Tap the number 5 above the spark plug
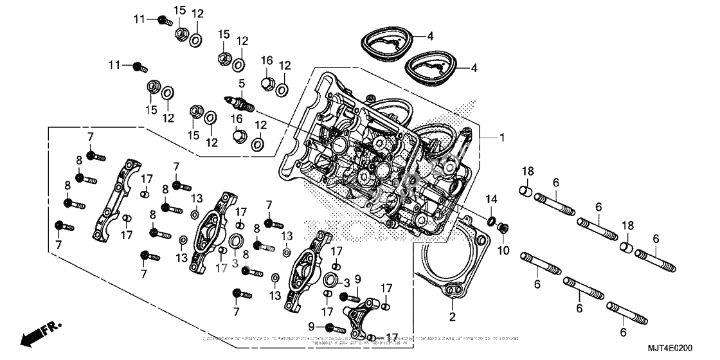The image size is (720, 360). [241, 84]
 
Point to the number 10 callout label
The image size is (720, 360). [503, 249]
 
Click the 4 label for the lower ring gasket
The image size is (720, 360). [474, 67]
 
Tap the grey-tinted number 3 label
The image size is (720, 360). [235, 264]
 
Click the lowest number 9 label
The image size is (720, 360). [310, 327]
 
